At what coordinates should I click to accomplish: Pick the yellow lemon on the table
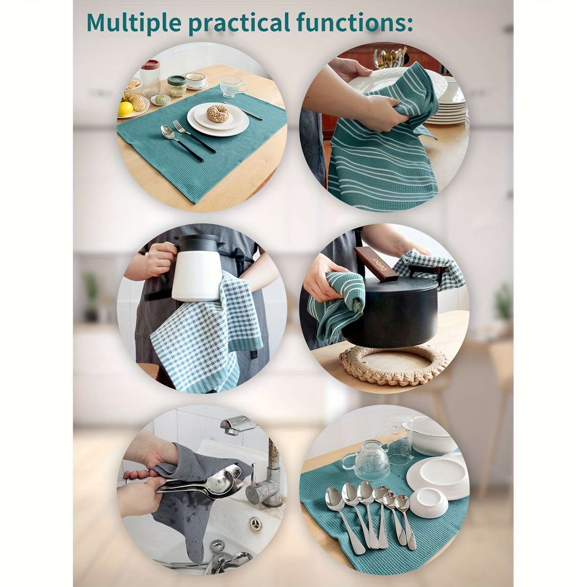(126, 109)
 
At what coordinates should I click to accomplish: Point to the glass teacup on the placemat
(233, 86)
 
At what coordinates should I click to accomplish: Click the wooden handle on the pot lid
(375, 263)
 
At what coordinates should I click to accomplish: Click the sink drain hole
(255, 522)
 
